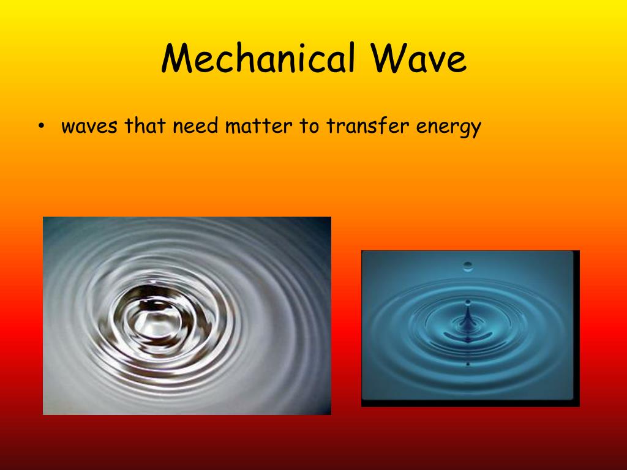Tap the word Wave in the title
pos(418,60)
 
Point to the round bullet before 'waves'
pos(41,127)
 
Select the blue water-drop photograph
pos(470,328)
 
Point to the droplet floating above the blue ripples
pos(468,266)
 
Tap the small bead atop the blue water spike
pos(468,302)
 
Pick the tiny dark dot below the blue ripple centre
pos(468,364)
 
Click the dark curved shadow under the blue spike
pos(467,337)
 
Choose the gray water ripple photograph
pos(187,316)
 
